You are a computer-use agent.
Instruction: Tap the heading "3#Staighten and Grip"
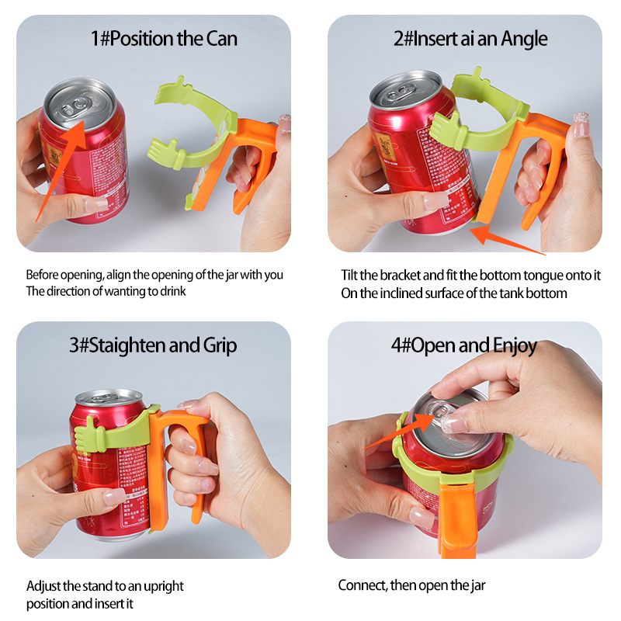[x=154, y=345]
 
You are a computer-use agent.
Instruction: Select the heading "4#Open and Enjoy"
[x=464, y=345]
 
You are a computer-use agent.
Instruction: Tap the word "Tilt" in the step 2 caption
[x=351, y=276]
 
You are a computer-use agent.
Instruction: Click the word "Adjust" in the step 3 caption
[x=44, y=586]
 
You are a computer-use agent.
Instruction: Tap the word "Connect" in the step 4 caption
[x=361, y=585]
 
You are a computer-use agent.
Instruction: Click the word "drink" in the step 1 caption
[x=170, y=292]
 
